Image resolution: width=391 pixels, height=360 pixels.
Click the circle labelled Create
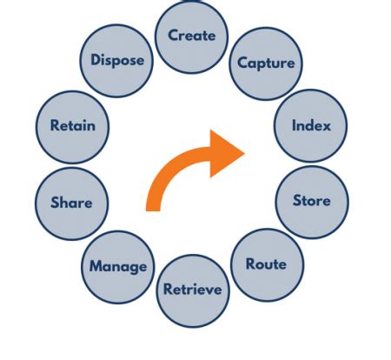[191, 36]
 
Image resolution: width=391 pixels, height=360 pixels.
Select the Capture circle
[266, 63]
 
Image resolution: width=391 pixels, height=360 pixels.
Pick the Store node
[311, 201]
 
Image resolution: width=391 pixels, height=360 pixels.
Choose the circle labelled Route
[266, 264]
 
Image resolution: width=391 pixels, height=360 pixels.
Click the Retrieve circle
[193, 290]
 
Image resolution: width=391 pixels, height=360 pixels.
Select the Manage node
[118, 266]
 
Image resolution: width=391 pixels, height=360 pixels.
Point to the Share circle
[71, 203]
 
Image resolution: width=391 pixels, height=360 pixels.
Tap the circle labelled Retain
[72, 125]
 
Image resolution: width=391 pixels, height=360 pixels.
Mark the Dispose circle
[117, 61]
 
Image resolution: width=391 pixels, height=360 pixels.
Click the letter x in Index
[327, 125]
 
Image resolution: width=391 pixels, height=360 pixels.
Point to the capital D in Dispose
[96, 61]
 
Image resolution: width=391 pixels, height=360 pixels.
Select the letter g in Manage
[131, 268]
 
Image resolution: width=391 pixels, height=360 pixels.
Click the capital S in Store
[296, 201]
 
